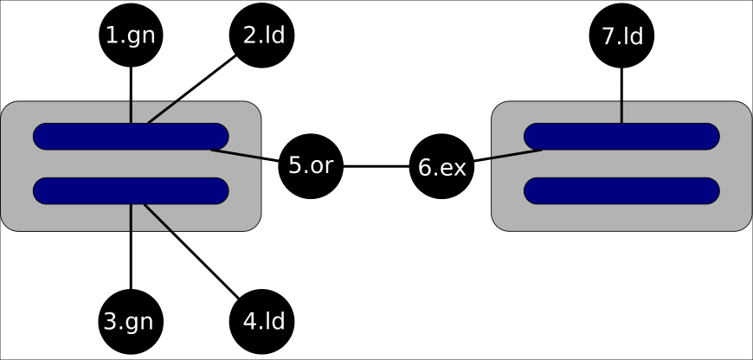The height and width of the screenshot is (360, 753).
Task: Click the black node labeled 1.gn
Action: [130, 35]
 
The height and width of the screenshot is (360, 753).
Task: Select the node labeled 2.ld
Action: [262, 35]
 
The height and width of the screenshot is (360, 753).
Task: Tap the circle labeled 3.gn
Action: [130, 321]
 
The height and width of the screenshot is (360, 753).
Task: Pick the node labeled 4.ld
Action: [262, 321]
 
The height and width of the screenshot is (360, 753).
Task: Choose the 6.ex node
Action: [442, 165]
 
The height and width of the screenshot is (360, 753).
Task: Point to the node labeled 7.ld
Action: [621, 35]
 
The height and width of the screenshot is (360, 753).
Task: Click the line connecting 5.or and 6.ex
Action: [376, 165]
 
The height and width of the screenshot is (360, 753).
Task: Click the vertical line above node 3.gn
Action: [130, 251]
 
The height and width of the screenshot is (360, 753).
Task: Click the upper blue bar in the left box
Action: [87, 137]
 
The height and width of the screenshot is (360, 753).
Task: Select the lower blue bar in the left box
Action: [87, 190]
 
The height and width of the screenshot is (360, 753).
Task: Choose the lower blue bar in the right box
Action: [621, 190]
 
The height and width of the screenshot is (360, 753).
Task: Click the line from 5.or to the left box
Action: [247, 156]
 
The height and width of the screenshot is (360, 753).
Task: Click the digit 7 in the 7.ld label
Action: [608, 36]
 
